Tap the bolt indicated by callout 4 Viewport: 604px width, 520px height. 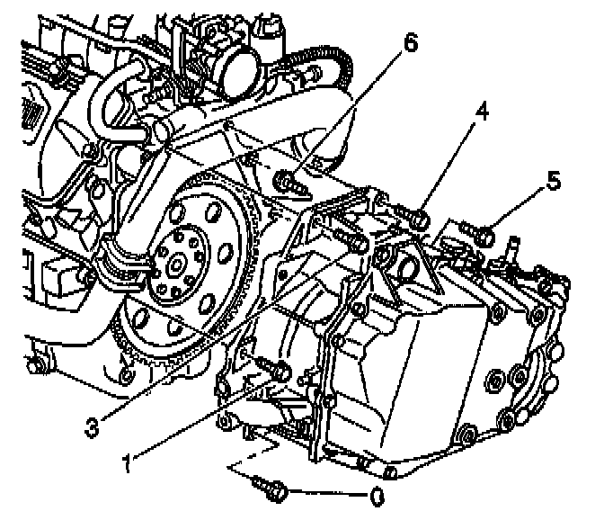click(x=415, y=217)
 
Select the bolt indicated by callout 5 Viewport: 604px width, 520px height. click(x=482, y=235)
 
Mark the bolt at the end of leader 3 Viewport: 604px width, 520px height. click(x=353, y=241)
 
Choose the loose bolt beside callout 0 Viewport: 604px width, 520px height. click(x=271, y=487)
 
